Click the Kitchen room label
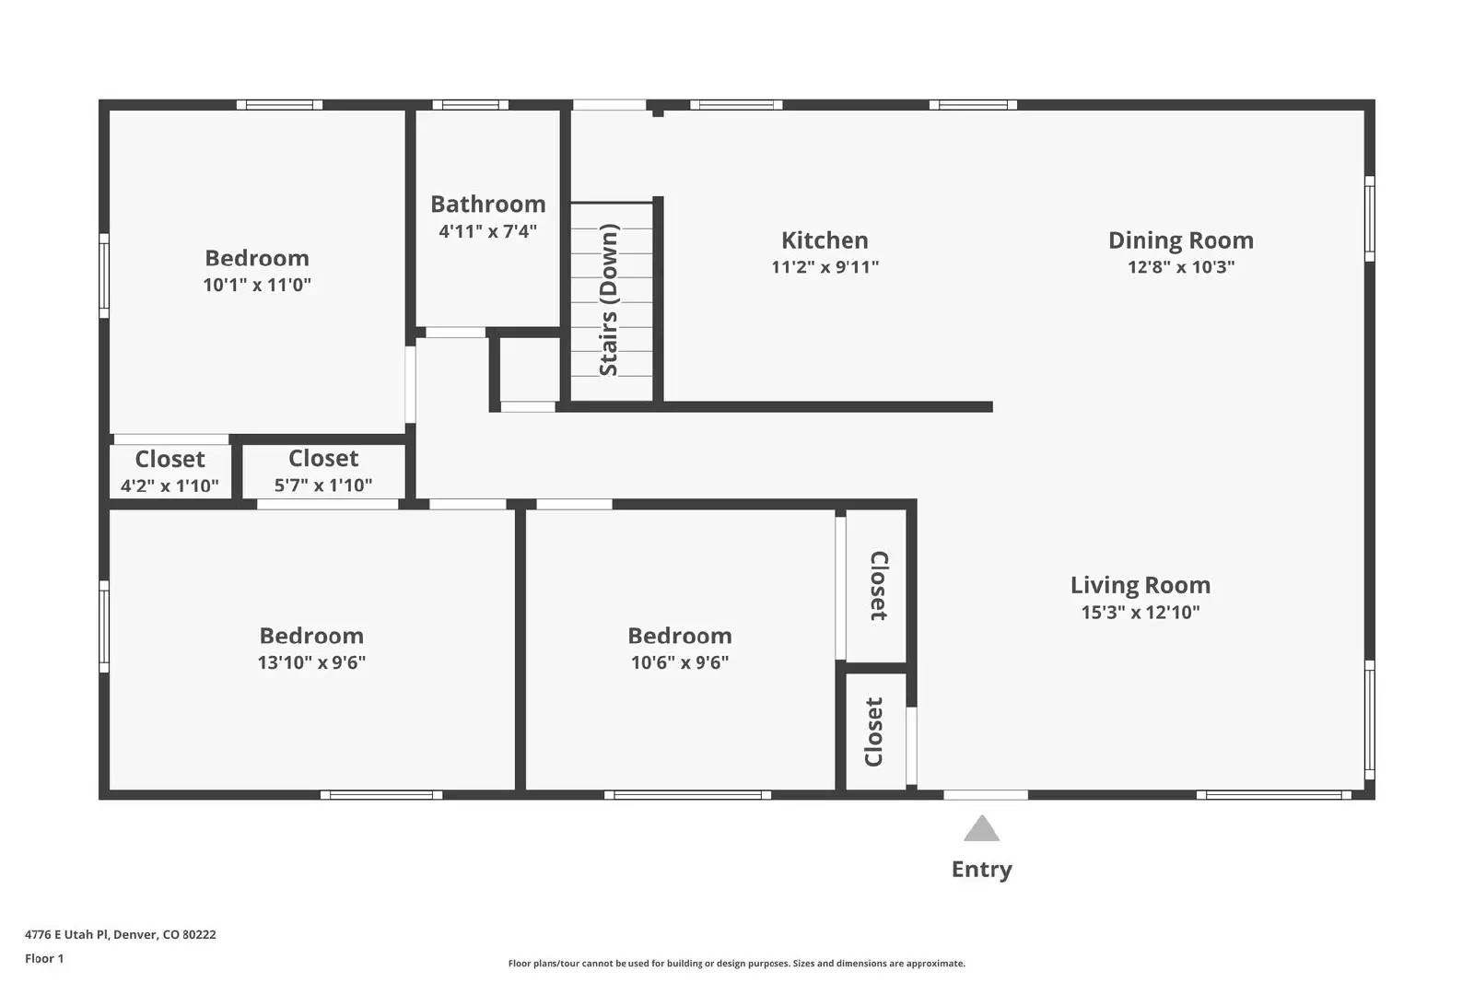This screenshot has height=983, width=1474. pyautogui.click(x=825, y=240)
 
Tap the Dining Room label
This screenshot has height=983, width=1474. pyautogui.click(x=1180, y=240)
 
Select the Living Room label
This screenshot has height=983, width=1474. pyautogui.click(x=1140, y=585)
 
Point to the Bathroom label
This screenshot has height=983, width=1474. pyautogui.click(x=487, y=205)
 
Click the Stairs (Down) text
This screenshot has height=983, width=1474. pyautogui.click(x=609, y=300)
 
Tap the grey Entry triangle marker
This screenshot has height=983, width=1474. pyautogui.click(x=981, y=830)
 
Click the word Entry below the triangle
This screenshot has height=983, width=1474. pyautogui.click(x=981, y=870)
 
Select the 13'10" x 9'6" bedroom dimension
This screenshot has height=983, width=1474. pyautogui.click(x=311, y=662)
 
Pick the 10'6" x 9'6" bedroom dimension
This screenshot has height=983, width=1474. pyautogui.click(x=680, y=662)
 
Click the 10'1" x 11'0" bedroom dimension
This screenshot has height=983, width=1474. pyautogui.click(x=257, y=285)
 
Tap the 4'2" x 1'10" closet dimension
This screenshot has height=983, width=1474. pyautogui.click(x=170, y=486)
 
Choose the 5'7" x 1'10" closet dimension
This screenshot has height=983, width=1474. pyautogui.click(x=323, y=485)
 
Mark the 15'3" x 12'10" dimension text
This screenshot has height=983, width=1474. pyautogui.click(x=1140, y=612)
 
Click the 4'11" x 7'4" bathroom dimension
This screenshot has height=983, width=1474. pyautogui.click(x=487, y=231)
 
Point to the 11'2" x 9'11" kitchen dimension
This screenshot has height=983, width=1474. pyautogui.click(x=825, y=267)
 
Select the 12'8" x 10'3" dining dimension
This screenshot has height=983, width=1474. pyautogui.click(x=1180, y=267)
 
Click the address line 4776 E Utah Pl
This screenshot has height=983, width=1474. pyautogui.click(x=120, y=934)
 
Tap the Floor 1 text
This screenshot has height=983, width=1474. pyautogui.click(x=44, y=958)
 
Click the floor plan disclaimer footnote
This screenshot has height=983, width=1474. pyautogui.click(x=736, y=964)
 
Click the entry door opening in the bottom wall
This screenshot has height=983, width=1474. pyautogui.click(x=986, y=795)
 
